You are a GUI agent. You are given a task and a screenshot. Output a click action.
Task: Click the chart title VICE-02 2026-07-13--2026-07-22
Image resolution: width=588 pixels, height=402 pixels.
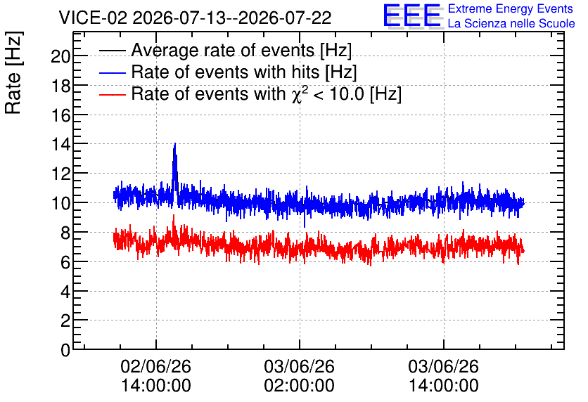(x=195, y=18)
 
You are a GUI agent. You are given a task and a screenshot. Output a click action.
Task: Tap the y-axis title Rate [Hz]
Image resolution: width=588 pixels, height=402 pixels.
(x=13, y=72)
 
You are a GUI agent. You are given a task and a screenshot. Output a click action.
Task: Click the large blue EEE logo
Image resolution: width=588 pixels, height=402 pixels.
(x=412, y=15)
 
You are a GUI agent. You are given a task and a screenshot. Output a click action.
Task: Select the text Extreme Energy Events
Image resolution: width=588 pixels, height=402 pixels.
(x=511, y=8)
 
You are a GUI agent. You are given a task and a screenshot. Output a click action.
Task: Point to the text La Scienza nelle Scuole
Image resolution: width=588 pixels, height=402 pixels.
(x=511, y=23)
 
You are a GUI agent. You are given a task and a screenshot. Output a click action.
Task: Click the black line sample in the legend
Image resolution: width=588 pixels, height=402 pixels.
(x=112, y=51)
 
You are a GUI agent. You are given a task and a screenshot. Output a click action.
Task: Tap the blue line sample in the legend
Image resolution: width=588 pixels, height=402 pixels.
(x=112, y=72)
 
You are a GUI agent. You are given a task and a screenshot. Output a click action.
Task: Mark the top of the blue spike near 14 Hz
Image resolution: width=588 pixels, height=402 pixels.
(x=174, y=143)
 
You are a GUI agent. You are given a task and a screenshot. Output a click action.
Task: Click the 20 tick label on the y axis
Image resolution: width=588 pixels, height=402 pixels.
(x=60, y=56)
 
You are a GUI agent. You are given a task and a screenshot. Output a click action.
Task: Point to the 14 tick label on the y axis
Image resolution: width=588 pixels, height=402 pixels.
(x=60, y=144)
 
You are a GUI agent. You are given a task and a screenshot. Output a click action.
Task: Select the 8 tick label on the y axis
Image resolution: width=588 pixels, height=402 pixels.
(x=65, y=233)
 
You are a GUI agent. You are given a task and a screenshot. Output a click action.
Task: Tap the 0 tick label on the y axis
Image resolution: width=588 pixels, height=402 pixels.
(x=65, y=350)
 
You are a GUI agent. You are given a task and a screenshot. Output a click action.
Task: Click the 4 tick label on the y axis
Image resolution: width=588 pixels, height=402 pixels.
(x=65, y=292)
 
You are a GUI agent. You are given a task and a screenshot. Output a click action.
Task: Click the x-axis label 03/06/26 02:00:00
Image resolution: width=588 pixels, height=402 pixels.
(x=299, y=376)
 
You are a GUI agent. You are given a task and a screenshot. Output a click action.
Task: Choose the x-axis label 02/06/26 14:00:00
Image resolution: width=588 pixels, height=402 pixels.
(x=156, y=376)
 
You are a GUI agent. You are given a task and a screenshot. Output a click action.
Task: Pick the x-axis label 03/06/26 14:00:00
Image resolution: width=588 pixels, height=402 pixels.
(x=443, y=376)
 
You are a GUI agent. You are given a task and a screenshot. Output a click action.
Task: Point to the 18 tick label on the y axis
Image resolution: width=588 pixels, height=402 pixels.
(x=60, y=86)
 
